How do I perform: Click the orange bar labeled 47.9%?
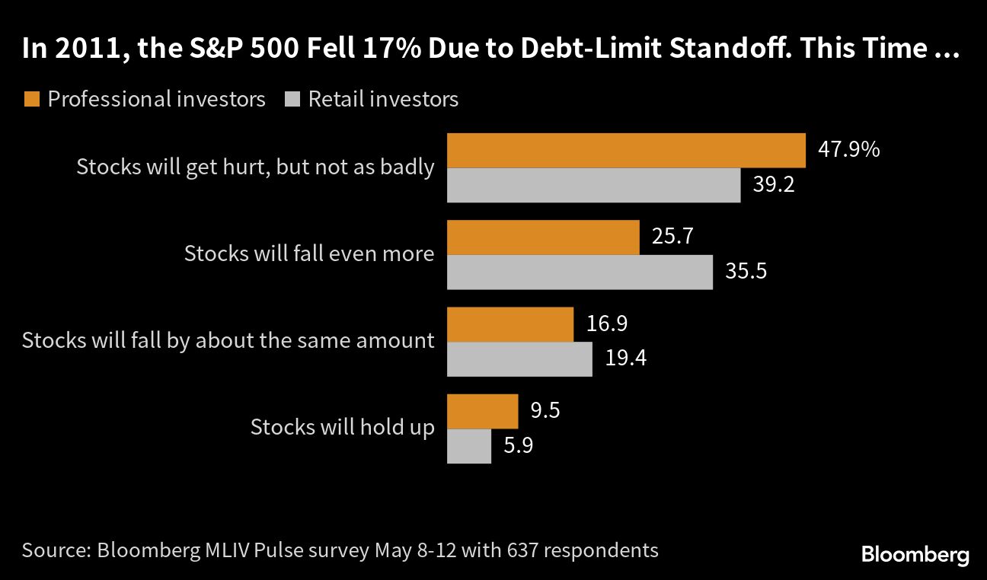point(626,150)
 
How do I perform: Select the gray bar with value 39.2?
point(593,185)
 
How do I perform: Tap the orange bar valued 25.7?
point(542,237)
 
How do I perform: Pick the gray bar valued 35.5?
point(580,272)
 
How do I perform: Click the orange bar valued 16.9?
point(509,324)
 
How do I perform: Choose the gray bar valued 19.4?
point(519,359)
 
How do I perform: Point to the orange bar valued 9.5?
point(482,411)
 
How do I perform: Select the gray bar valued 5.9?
point(468,446)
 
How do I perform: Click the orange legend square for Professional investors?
point(31,99)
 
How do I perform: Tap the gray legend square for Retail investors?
point(292,99)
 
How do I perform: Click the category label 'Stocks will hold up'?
point(343,427)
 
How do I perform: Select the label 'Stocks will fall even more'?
point(309,253)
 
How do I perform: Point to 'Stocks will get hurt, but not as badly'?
point(255,167)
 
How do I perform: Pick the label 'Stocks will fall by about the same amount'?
point(228,339)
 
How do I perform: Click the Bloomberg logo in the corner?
point(915,554)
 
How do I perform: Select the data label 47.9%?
point(848,149)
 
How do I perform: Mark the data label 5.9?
point(518,445)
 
